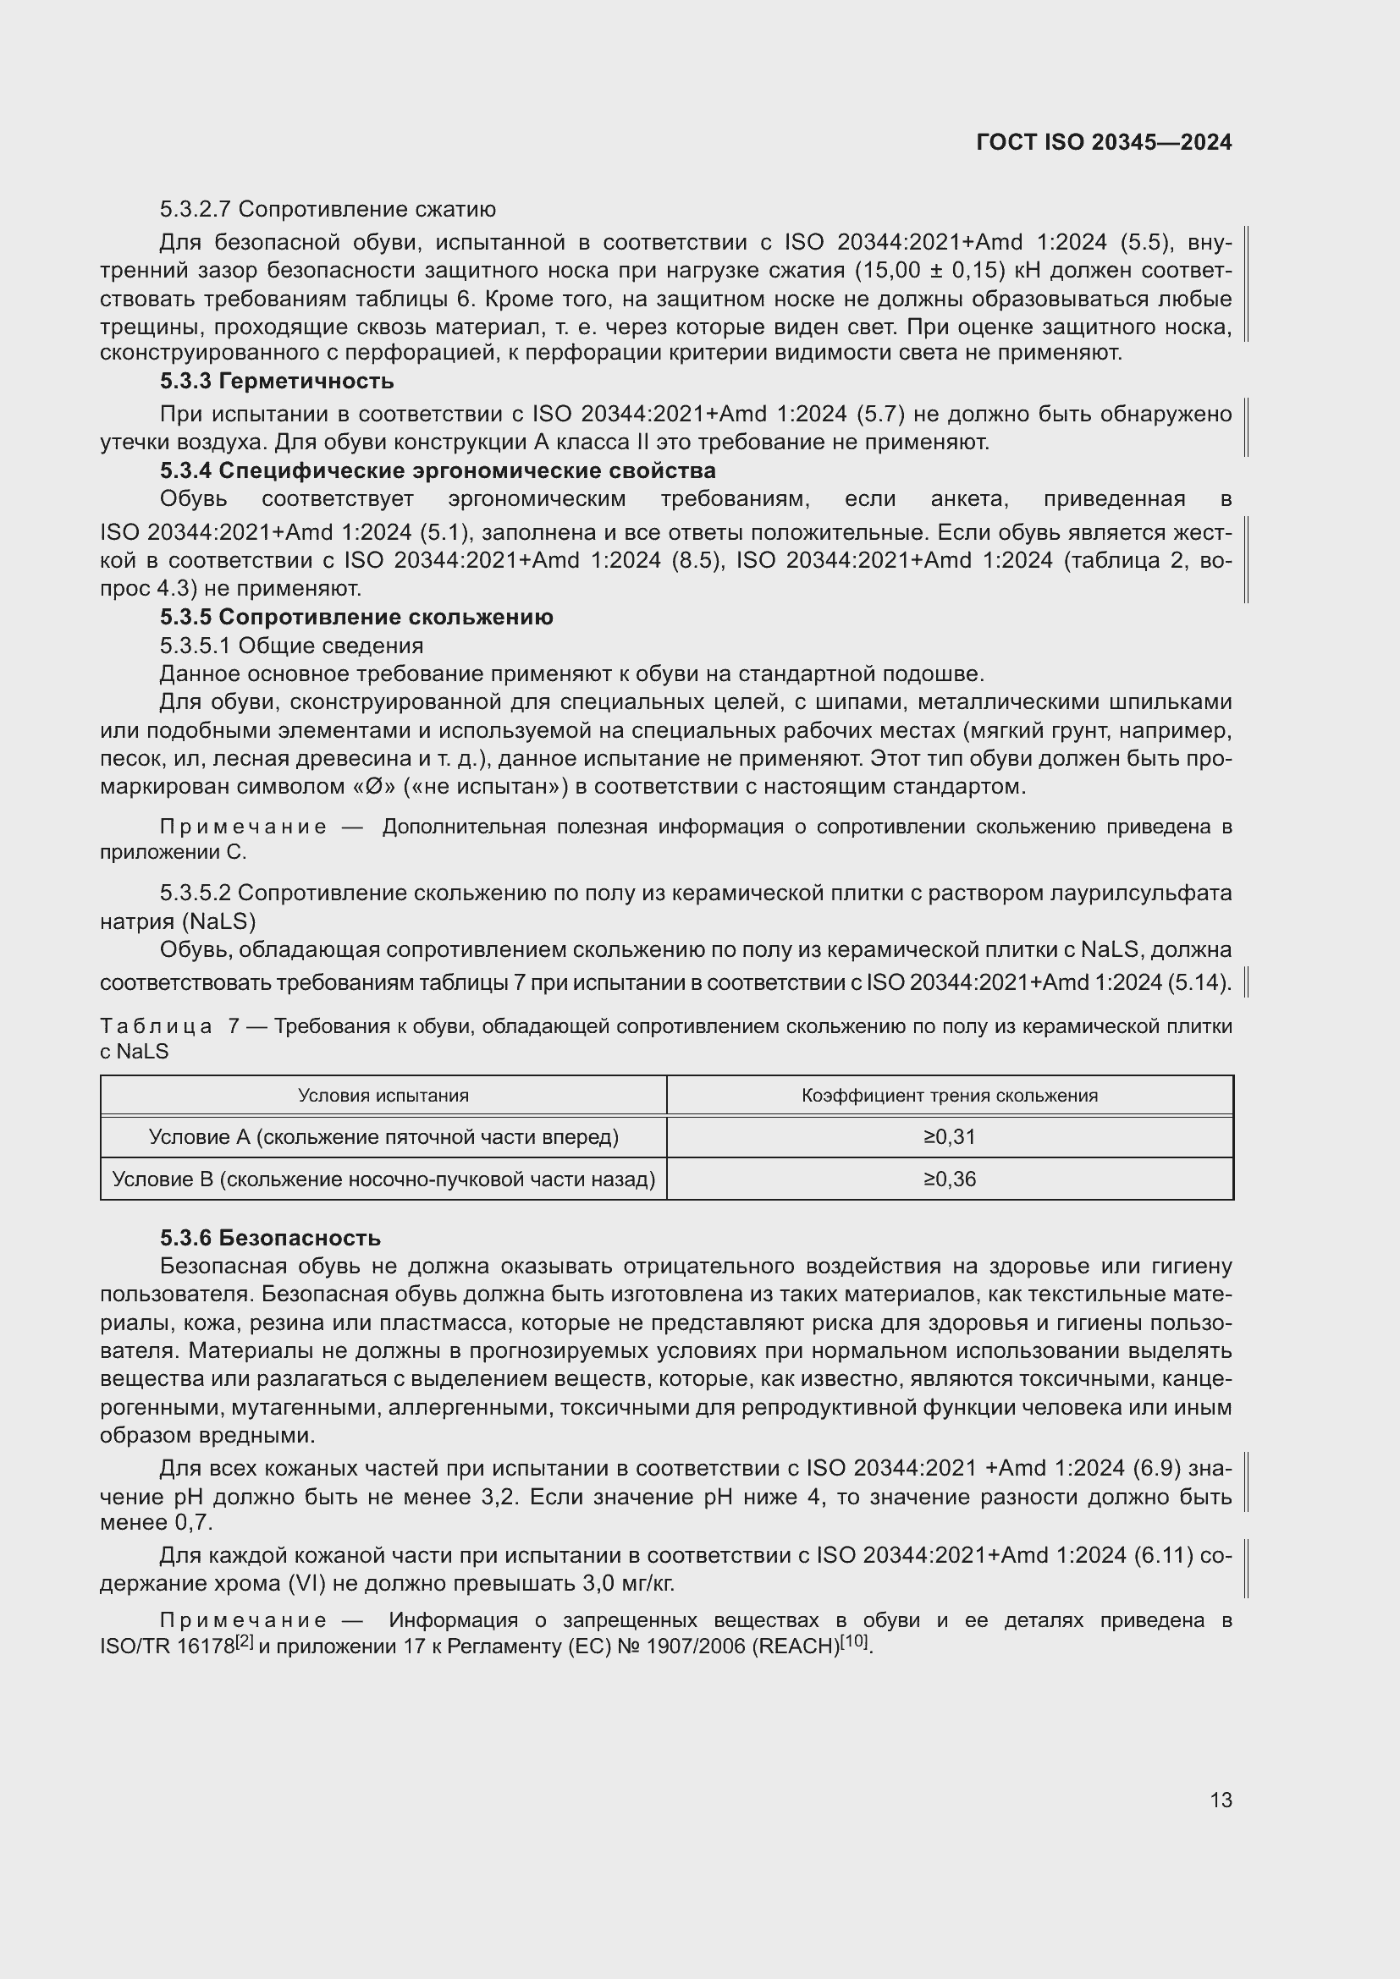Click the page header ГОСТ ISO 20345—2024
coord(1104,142)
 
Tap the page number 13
coord(1221,1800)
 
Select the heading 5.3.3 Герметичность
coord(277,381)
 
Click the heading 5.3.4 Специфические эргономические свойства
coord(437,470)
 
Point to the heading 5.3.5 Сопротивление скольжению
coord(356,617)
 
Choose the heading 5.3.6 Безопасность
coord(270,1238)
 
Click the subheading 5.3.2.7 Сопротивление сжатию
coord(328,210)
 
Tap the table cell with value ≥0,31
coord(949,1137)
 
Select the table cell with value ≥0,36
coord(949,1179)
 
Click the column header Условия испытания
coord(383,1096)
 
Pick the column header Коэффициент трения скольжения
coord(949,1096)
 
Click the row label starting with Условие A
coord(383,1137)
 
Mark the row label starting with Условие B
coord(383,1179)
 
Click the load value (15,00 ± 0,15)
coord(931,271)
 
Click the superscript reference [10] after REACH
coord(856,1641)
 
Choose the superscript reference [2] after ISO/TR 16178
coord(244,1641)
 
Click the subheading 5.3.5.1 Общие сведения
coord(291,646)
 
